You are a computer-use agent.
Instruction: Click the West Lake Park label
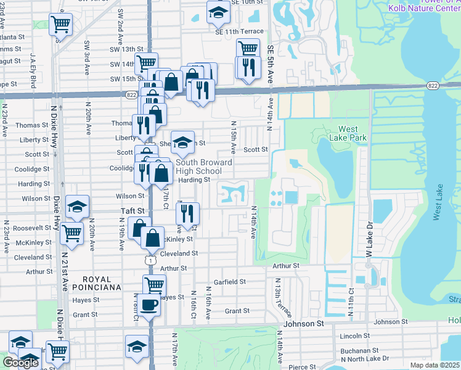pyautogui.click(x=353, y=133)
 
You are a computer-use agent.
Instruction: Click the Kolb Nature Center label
pyautogui.click(x=424, y=8)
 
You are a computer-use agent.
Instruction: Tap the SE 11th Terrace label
pyautogui.click(x=240, y=31)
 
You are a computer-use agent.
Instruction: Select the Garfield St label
pyautogui.click(x=229, y=282)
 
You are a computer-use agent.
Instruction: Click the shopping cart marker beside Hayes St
pyautogui.click(x=154, y=286)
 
